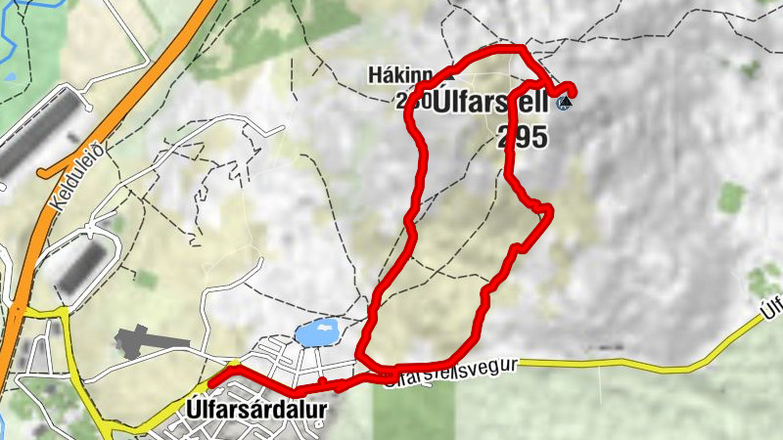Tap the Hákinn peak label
(397, 74)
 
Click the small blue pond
(318, 332)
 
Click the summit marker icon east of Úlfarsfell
(564, 103)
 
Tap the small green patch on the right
(731, 198)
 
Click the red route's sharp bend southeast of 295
(549, 208)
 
